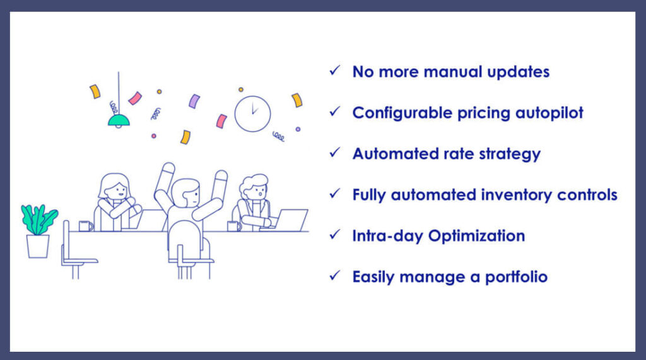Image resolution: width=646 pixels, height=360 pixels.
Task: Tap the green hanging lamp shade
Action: [119, 120]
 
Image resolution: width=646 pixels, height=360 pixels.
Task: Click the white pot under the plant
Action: [38, 247]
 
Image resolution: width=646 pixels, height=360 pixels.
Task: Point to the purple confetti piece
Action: [194, 101]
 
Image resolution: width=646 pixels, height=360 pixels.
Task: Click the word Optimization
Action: [477, 236]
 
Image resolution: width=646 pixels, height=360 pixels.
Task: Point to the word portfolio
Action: [516, 277]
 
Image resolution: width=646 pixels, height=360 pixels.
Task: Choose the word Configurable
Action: [402, 113]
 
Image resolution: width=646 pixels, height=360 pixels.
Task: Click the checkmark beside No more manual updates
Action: [334, 71]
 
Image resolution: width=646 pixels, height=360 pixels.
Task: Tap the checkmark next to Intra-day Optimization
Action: [334, 235]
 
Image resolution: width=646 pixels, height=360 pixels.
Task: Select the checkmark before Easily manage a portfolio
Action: [334, 276]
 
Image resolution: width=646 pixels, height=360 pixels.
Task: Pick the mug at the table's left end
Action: [85, 226]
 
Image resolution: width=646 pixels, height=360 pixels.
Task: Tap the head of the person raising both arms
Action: [186, 193]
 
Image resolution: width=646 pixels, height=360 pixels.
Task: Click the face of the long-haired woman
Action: [117, 191]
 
